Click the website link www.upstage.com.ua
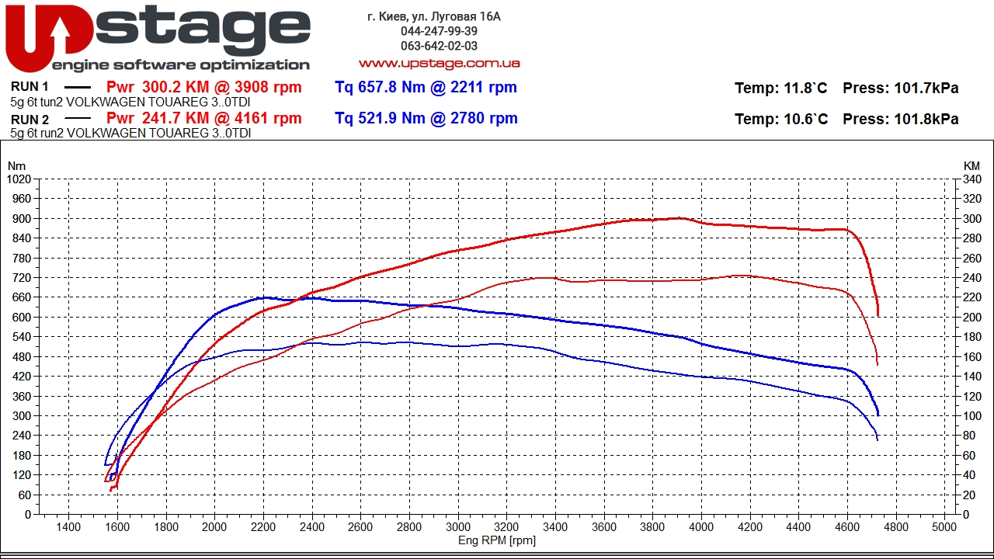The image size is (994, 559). coord(439,63)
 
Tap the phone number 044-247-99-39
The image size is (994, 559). coord(439,31)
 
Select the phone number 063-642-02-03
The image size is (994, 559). coord(439,46)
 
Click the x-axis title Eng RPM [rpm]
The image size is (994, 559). coord(497,540)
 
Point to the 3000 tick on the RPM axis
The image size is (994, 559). coord(458,527)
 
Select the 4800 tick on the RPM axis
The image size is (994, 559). coord(895,527)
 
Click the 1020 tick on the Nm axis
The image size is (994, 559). coord(18,179)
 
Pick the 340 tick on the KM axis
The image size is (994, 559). coord(971,179)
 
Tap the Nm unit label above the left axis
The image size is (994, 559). coord(16,166)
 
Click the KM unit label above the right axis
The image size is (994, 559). coord(971,166)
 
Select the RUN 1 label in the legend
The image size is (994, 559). coord(30,88)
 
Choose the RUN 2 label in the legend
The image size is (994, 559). coord(30,120)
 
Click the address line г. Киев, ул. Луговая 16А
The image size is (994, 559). coord(434,16)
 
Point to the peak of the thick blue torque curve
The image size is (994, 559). coord(264,297)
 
